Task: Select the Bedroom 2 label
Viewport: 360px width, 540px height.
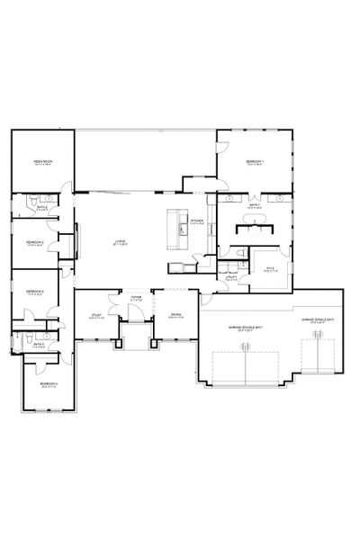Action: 36,242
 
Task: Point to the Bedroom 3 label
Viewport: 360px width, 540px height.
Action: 36,292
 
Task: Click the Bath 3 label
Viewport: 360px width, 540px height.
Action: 37,344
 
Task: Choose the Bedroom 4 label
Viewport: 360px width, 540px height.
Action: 49,383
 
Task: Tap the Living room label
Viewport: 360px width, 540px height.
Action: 120,241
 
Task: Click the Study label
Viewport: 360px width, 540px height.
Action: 96,315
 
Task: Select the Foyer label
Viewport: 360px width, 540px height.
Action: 137,296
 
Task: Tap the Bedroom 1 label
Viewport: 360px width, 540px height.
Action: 254,162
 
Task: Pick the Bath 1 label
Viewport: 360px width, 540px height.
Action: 255,205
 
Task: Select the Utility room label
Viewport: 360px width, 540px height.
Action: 231,279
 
